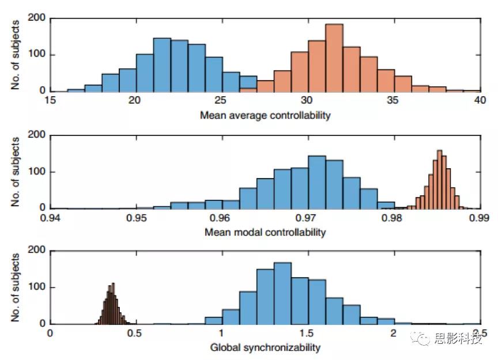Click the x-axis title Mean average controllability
click(x=265, y=115)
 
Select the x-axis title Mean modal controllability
click(x=265, y=232)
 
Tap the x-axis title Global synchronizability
click(x=265, y=347)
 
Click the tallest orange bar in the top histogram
click(x=334, y=58)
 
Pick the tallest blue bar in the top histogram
click(x=162, y=65)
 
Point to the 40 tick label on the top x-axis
click(x=480, y=100)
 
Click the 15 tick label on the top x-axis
click(x=51, y=100)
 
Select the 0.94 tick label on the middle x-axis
click(x=51, y=218)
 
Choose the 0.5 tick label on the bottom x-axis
click(x=136, y=334)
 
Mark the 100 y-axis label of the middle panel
click(x=37, y=172)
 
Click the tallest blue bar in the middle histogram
click(x=317, y=182)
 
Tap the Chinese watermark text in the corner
click(x=458, y=339)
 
